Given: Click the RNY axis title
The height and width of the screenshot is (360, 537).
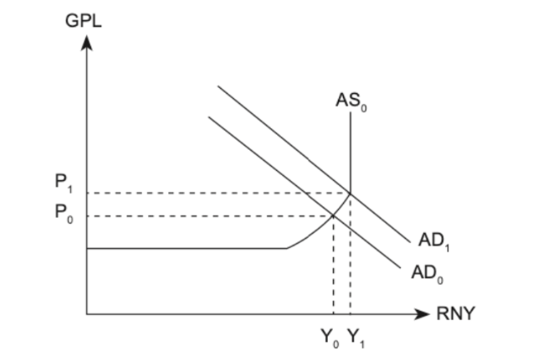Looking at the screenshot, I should [x=457, y=315].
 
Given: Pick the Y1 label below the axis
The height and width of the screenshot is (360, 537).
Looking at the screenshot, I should [x=355, y=338].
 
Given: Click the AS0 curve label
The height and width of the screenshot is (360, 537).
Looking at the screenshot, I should [x=350, y=102].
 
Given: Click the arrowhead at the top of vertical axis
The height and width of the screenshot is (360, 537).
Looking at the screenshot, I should [x=86, y=44].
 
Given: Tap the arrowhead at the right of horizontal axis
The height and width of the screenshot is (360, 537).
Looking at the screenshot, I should [x=425, y=314].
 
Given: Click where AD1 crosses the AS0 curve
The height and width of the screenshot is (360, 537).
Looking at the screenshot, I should [x=350, y=193].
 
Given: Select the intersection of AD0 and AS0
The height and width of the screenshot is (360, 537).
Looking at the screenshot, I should [x=334, y=216].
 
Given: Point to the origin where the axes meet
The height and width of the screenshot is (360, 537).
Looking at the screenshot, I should [x=86, y=314].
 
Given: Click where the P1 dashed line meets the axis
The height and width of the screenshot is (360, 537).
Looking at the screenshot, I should [x=86, y=193].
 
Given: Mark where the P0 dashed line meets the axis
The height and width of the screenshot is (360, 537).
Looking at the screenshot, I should [x=86, y=216].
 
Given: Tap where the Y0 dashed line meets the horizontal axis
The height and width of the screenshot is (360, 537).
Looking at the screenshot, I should [x=334, y=314].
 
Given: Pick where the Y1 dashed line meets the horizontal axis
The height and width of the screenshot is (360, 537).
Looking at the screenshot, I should [x=350, y=314].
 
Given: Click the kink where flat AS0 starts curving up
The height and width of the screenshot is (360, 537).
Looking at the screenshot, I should [x=287, y=248].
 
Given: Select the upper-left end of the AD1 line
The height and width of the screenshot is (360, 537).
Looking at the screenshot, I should [x=217, y=85].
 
